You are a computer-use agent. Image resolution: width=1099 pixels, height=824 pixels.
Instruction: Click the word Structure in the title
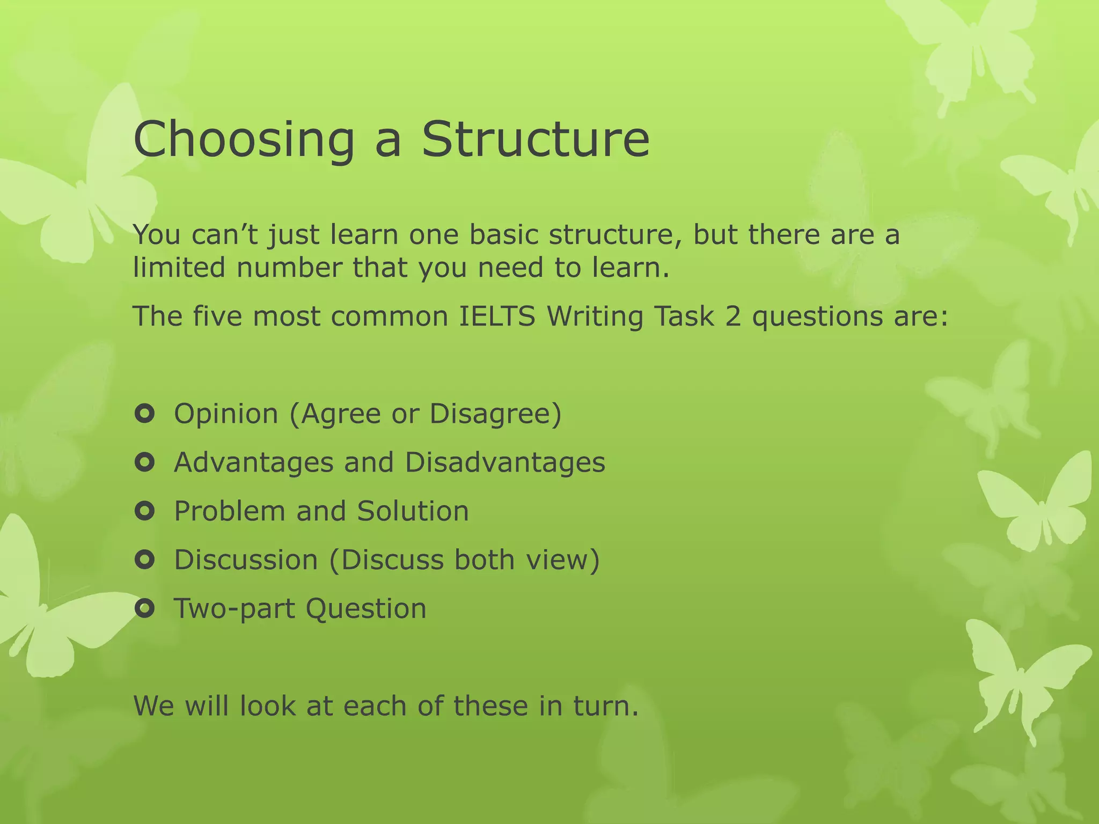[x=535, y=139]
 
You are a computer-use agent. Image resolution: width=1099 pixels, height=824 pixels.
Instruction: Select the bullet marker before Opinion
[x=145, y=414]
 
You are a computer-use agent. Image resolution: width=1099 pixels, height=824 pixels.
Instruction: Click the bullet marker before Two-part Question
[x=145, y=609]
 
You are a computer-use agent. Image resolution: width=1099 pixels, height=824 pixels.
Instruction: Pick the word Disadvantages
[x=505, y=462]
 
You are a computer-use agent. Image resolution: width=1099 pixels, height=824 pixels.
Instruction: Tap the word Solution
[x=413, y=511]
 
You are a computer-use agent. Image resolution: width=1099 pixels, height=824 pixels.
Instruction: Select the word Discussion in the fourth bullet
[x=246, y=560]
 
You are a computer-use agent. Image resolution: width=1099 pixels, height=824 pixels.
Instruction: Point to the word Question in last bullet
[x=366, y=609]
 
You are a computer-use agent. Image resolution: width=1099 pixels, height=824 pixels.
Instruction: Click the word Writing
[x=595, y=316]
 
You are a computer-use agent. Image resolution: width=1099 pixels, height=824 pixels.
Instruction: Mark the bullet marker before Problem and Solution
[x=145, y=511]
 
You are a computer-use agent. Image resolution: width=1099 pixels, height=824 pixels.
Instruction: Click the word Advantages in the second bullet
[x=253, y=462]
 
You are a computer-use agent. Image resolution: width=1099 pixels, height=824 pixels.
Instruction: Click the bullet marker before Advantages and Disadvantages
[x=145, y=462]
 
